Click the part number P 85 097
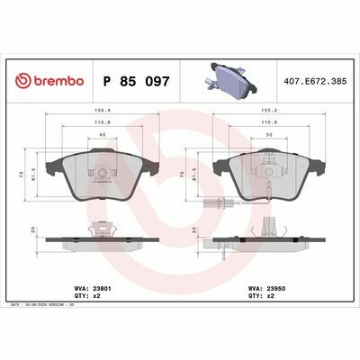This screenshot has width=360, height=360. [x=141, y=81]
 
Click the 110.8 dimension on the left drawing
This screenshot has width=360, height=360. [x=100, y=124]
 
